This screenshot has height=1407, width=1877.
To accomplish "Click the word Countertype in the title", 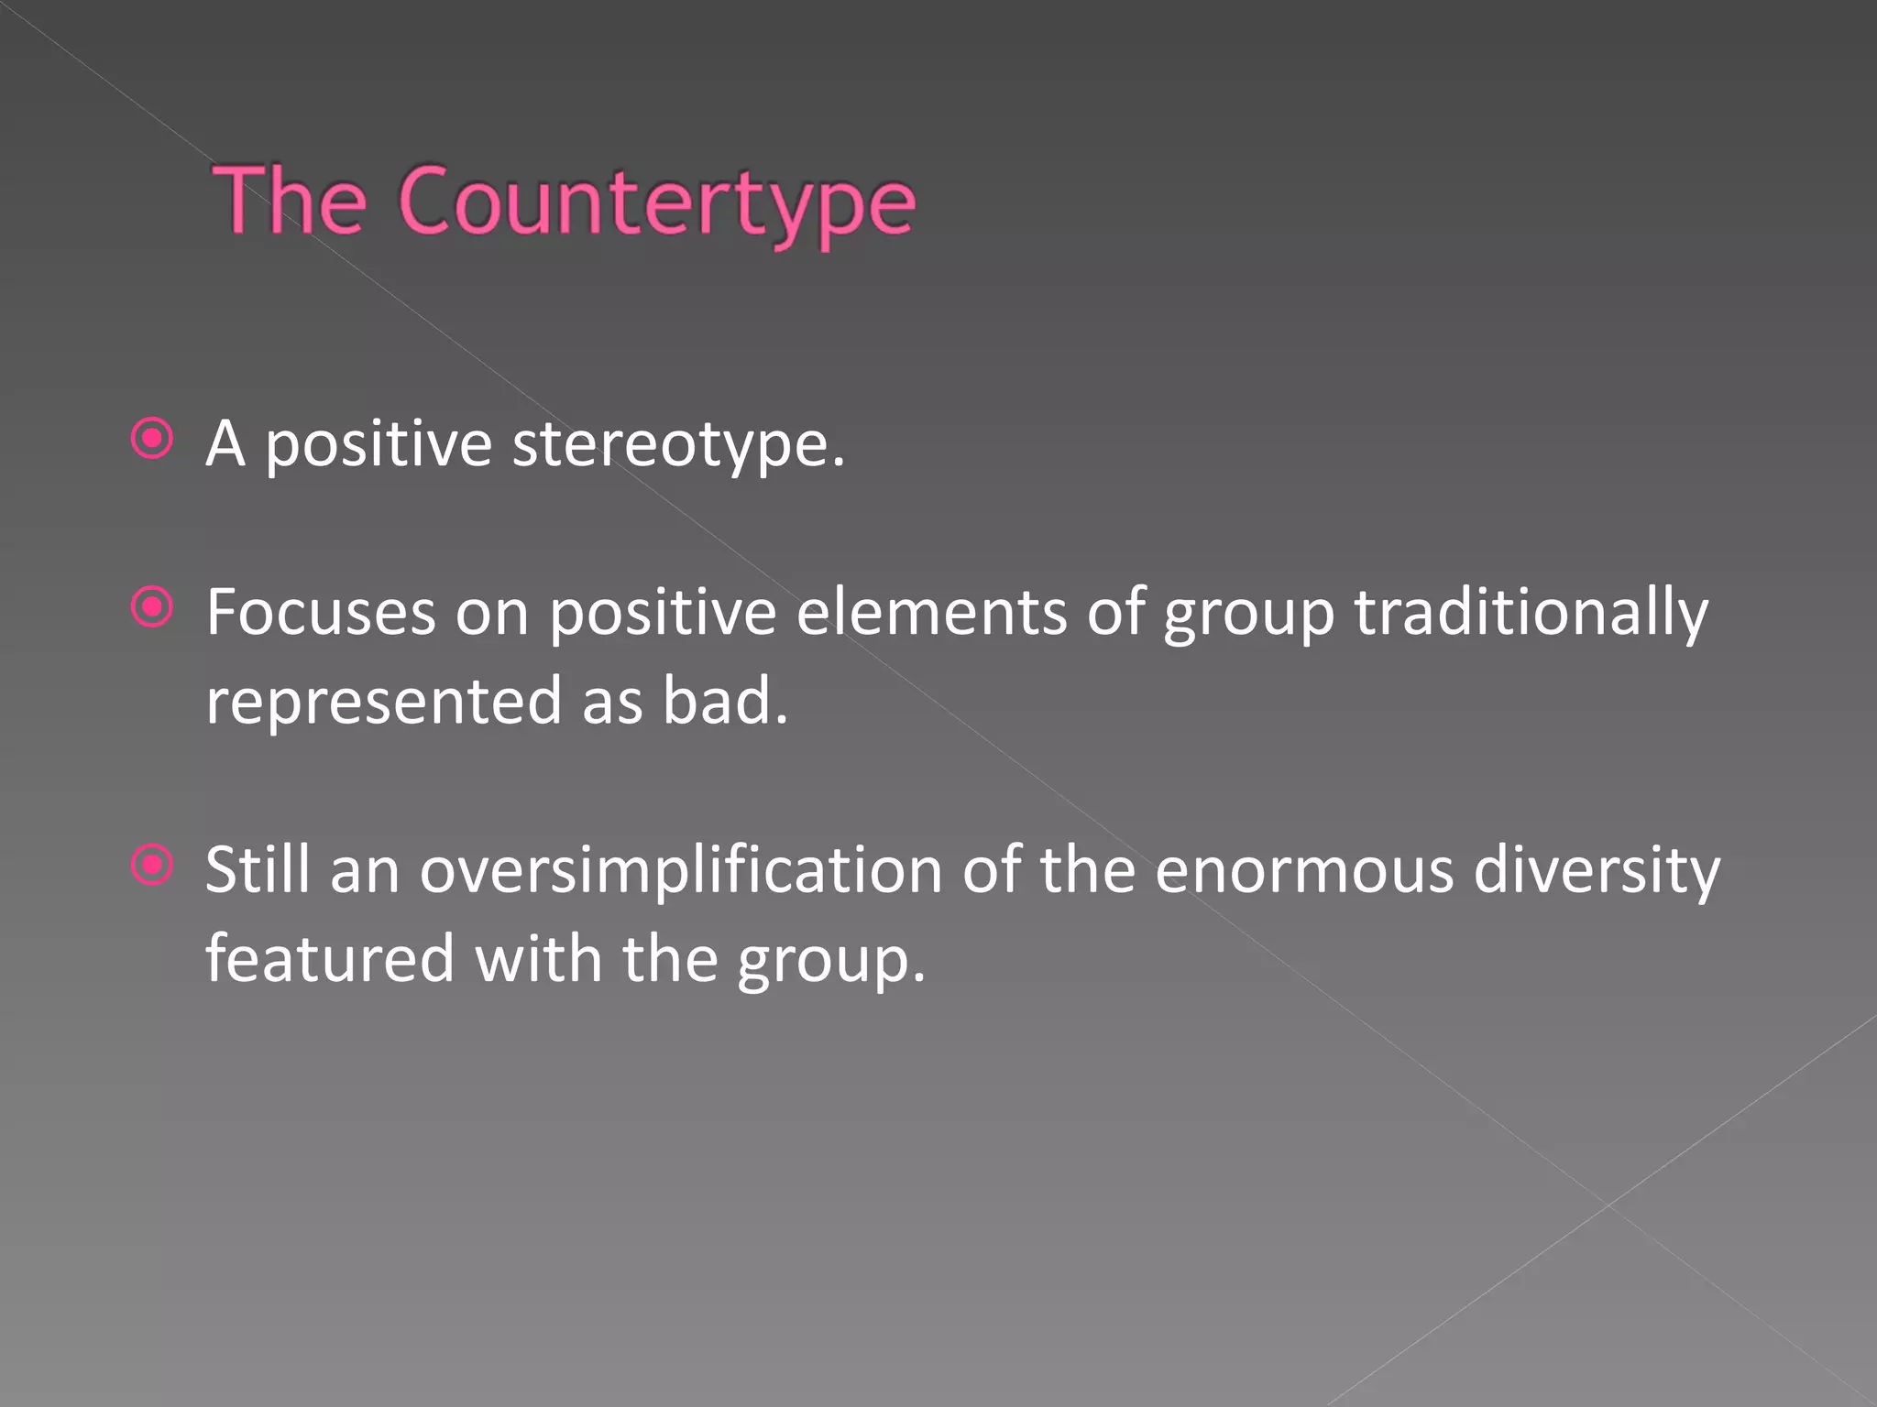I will pyautogui.click(x=656, y=203).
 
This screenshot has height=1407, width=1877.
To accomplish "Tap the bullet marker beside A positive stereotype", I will pyautogui.click(x=152, y=439).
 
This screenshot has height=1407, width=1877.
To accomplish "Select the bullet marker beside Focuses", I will pyautogui.click(x=152, y=606).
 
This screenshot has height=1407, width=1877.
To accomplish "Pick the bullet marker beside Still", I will pyautogui.click(x=152, y=865).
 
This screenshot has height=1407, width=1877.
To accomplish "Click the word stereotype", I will pyautogui.click(x=677, y=445).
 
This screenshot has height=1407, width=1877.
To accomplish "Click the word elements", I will pyautogui.click(x=931, y=612).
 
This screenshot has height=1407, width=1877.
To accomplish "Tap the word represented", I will pyautogui.click(x=383, y=702).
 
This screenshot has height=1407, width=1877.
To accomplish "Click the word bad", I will pyautogui.click(x=724, y=702).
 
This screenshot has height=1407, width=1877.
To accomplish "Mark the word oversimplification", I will pyautogui.click(x=681, y=870).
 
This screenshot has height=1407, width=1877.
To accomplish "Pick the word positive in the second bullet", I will pyautogui.click(x=663, y=614).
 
